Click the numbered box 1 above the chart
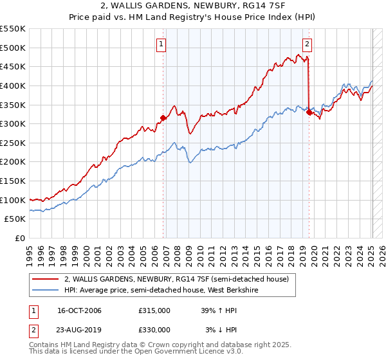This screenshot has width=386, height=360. pyautogui.click(x=161, y=44)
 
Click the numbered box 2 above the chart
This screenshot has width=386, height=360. pyautogui.click(x=308, y=44)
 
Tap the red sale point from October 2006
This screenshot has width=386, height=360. pyautogui.click(x=163, y=118)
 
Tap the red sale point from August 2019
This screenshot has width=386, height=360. pyautogui.click(x=309, y=112)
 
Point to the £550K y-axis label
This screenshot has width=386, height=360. pyautogui.click(x=13, y=29)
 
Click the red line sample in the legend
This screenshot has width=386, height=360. pyautogui.click(x=46, y=279)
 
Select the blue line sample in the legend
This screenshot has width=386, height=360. pyautogui.click(x=46, y=289)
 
